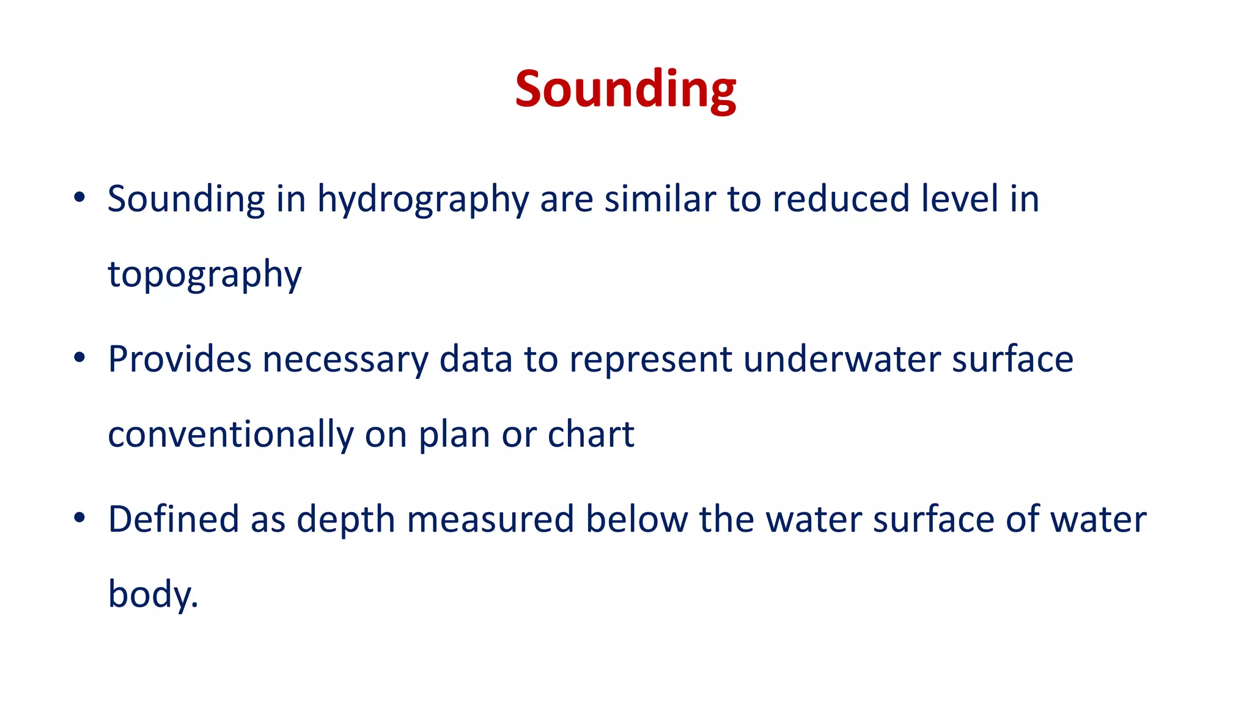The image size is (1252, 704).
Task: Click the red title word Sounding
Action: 625,89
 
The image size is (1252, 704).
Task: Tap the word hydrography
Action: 422,199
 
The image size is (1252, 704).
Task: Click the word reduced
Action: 841,199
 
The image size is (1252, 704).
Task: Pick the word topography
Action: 205,274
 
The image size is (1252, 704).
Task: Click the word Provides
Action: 179,359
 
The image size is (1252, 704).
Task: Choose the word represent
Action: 650,360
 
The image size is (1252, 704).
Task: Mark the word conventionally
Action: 230,435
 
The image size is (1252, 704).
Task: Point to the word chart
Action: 591,435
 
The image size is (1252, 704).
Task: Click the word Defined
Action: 174,519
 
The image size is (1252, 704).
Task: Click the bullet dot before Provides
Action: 79,358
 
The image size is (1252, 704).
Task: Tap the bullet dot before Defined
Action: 79,518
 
